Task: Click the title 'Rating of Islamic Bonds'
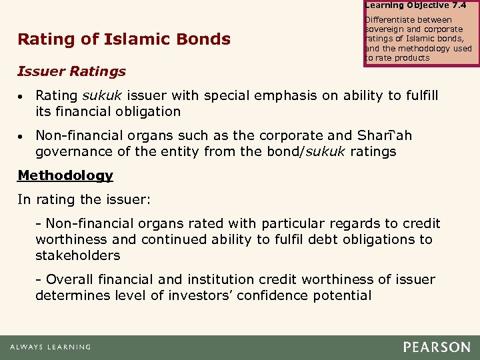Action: coord(124,39)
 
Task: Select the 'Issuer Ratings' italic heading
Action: coord(72,71)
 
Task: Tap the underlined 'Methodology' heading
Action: coord(65,175)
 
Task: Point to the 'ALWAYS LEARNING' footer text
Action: coord(50,347)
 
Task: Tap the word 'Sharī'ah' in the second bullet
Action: coord(384,136)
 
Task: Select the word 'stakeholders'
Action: coord(77,255)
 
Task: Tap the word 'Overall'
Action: coord(69,280)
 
